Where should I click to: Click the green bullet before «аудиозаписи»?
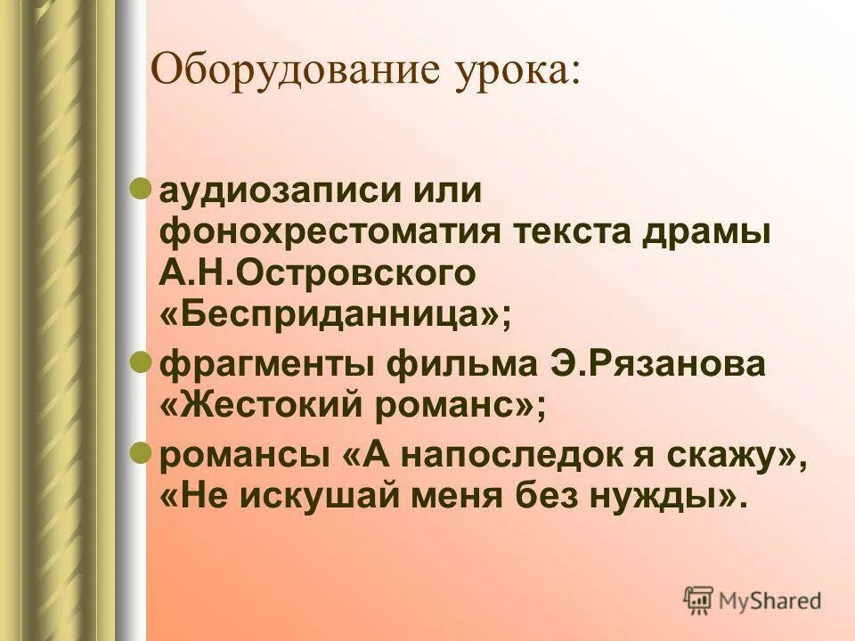click(140, 188)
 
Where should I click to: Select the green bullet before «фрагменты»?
click(140, 363)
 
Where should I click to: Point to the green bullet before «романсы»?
click(140, 452)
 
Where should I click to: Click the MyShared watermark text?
click(770, 601)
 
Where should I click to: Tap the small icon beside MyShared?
click(698, 600)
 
